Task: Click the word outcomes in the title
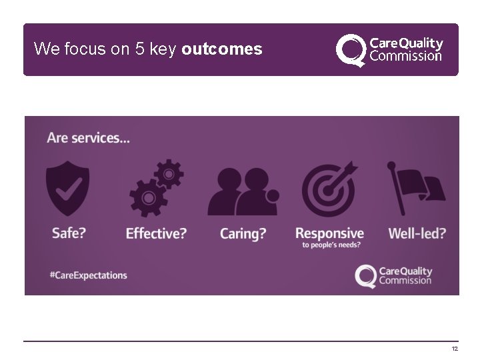221,49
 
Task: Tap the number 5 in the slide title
140,49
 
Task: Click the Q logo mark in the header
351,50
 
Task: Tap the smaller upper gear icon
169,174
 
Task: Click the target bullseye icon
328,189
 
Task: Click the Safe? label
69,233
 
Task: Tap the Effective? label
156,233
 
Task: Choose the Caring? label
243,233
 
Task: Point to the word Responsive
329,233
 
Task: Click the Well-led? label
417,233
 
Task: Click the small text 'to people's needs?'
331,245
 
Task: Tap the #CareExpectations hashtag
88,275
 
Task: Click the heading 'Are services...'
88,138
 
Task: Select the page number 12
455,349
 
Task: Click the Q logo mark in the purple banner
366,276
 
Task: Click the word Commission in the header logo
405,56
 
